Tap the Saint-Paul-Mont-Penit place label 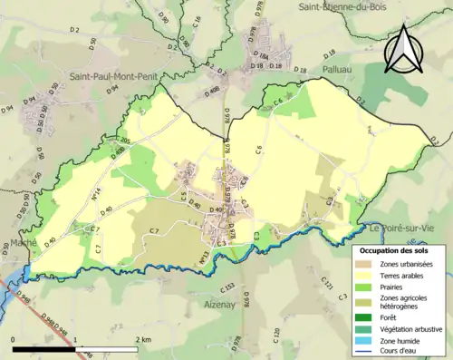pos(102,79)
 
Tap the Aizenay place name pos(221,303)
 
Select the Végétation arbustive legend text pos(414,329)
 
